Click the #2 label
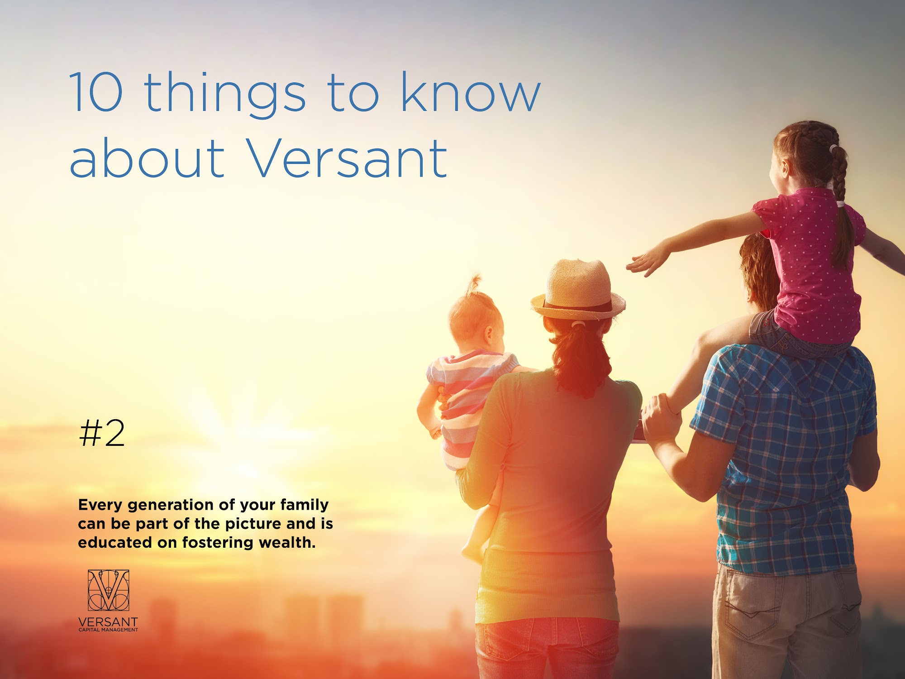(102, 433)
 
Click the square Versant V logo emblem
(109, 590)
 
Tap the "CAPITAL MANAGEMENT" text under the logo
(109, 630)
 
